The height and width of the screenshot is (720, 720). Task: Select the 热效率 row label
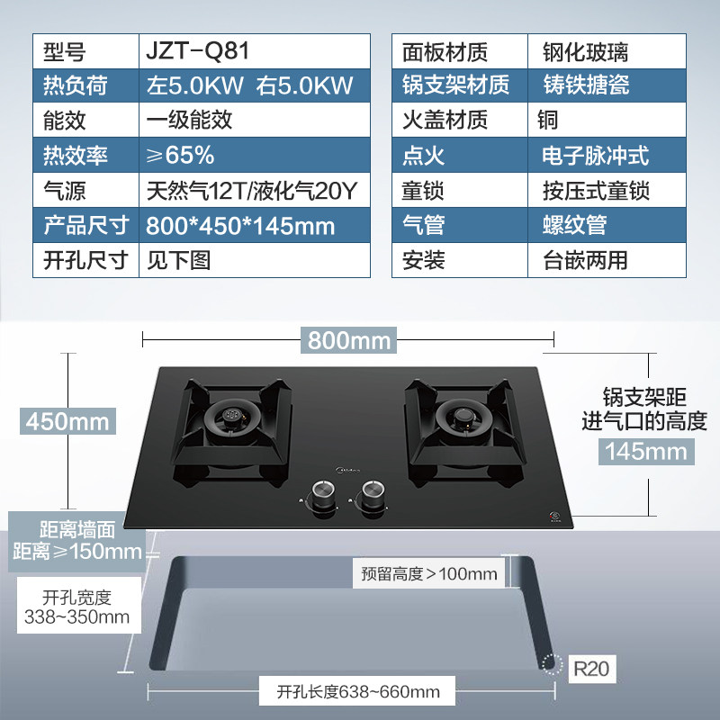[x=76, y=155]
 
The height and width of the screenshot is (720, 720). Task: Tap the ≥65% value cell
[x=180, y=155]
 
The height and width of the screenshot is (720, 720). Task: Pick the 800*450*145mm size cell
[x=240, y=225]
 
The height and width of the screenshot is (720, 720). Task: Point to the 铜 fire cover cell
[x=548, y=120]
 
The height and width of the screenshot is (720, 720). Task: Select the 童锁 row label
[x=423, y=190]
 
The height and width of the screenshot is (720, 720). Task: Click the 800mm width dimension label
[x=349, y=340]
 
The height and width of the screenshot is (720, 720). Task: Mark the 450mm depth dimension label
[x=67, y=420]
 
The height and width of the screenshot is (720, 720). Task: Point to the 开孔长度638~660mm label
[x=358, y=692]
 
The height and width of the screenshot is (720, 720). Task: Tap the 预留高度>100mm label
[x=428, y=573]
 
